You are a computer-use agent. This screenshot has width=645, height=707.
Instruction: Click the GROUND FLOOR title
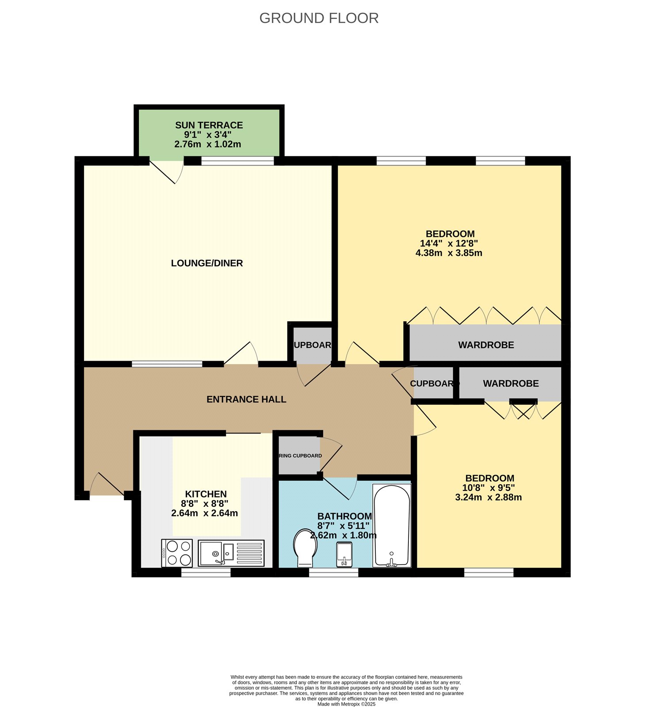pyautogui.click(x=319, y=18)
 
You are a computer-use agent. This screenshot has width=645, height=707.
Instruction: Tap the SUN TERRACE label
pyautogui.click(x=209, y=125)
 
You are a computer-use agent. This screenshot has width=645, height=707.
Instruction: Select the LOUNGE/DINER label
pyautogui.click(x=207, y=263)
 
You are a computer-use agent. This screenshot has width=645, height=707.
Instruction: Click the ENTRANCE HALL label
pyautogui.click(x=246, y=399)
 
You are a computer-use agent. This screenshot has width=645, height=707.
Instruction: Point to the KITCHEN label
pyautogui.click(x=206, y=494)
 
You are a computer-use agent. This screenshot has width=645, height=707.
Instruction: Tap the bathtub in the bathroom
pyautogui.click(x=392, y=526)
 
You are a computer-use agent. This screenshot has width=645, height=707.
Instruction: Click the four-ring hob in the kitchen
pyautogui.click(x=177, y=553)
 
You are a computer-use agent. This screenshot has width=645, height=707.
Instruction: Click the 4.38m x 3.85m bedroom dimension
pyautogui.click(x=449, y=253)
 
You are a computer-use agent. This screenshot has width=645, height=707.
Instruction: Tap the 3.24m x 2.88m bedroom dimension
pyautogui.click(x=489, y=498)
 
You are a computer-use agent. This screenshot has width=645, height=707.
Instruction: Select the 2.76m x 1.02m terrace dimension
pyautogui.click(x=208, y=144)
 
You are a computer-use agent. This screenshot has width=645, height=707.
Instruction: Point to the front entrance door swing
pyautogui.click(x=106, y=485)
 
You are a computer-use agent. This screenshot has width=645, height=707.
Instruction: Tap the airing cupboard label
pyautogui.click(x=300, y=456)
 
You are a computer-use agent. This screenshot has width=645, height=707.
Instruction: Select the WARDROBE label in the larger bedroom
pyautogui.click(x=486, y=345)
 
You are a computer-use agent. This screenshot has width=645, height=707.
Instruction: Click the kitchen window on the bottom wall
pyautogui.click(x=206, y=573)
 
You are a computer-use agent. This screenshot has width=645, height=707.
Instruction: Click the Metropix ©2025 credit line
pyautogui.click(x=346, y=704)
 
